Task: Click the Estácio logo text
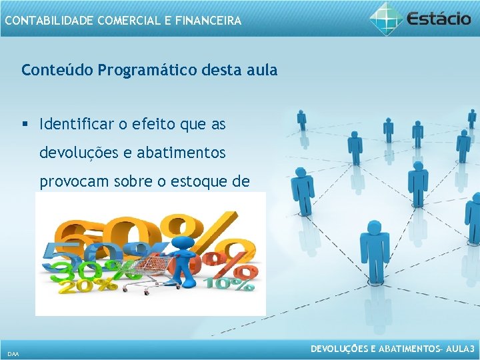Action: (x=439, y=18)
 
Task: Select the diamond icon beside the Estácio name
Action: (x=387, y=18)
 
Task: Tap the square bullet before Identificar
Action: (x=25, y=124)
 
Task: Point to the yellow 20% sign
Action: (x=77, y=287)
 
